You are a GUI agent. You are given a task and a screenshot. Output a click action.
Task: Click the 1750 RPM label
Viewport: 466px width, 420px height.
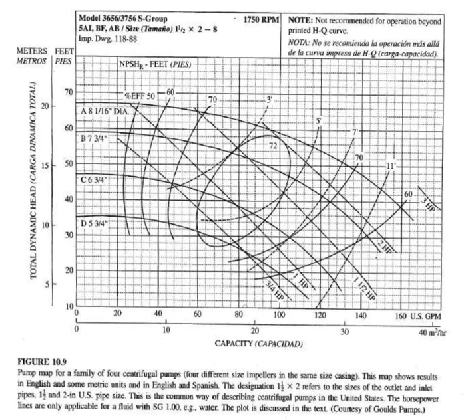[261, 19]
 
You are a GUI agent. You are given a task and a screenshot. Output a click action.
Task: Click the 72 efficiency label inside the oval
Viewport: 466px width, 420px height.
[273, 144]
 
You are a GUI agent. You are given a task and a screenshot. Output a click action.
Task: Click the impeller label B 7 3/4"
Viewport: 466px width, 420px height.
[95, 139]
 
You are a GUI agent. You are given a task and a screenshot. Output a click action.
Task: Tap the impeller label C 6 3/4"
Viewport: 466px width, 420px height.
[95, 179]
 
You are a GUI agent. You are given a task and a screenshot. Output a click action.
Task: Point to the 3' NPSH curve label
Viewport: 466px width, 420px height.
[269, 99]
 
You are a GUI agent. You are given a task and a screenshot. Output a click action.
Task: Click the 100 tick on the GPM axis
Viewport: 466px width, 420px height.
[279, 314]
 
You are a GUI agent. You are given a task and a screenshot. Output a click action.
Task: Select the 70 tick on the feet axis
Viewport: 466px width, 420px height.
[67, 91]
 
